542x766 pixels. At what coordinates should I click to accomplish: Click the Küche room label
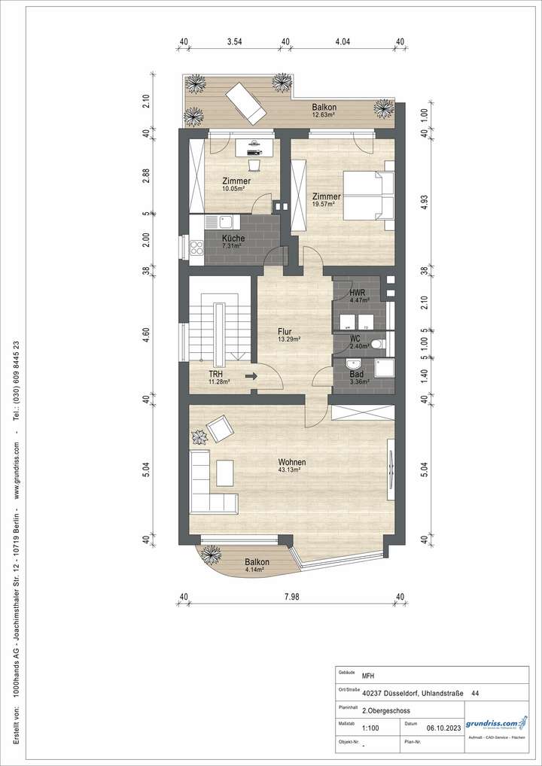[233, 238]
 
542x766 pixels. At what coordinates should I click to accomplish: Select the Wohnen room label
[291, 462]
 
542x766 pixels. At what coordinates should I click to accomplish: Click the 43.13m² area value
[290, 470]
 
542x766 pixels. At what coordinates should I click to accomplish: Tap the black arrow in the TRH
[251, 375]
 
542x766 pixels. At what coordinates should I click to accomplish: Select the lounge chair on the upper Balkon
[247, 102]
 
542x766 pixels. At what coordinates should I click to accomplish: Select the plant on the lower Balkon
[211, 554]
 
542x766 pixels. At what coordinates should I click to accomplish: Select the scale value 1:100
[370, 728]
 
